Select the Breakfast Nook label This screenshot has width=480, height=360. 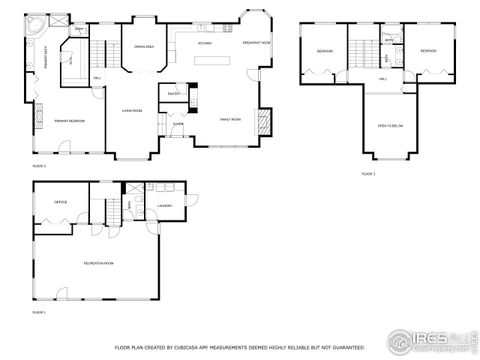pyautogui.click(x=257, y=42)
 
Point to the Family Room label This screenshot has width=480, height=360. pyautogui.click(x=232, y=119)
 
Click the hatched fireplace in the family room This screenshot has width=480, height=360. pyautogui.click(x=265, y=120)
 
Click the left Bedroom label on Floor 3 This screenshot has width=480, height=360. pyautogui.click(x=325, y=50)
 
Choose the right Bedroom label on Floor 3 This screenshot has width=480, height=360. pyautogui.click(x=428, y=50)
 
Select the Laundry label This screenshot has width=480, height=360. pyautogui.click(x=164, y=207)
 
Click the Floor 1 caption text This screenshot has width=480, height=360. pyautogui.click(x=40, y=313)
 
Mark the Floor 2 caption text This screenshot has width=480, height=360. pyautogui.click(x=38, y=166)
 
